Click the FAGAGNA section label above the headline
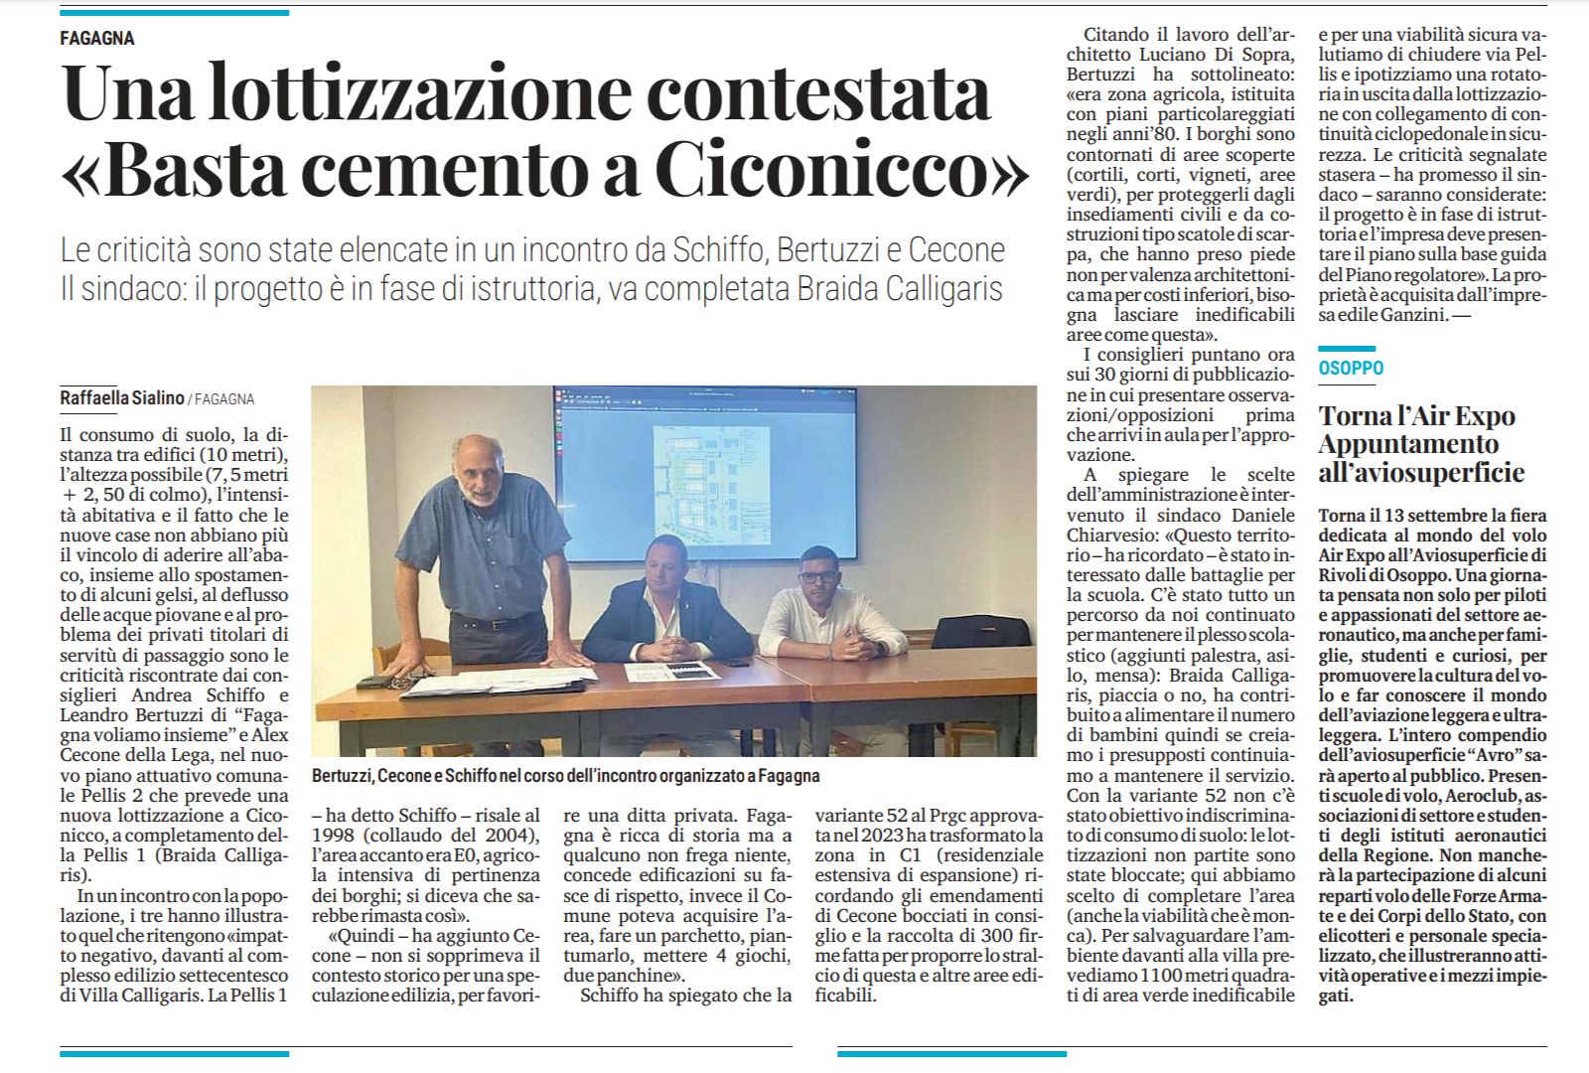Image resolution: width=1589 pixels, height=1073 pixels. pyautogui.click(x=96, y=38)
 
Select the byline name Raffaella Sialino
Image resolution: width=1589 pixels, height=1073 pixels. pyautogui.click(x=122, y=397)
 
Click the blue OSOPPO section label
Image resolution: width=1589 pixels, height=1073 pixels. pyautogui.click(x=1351, y=368)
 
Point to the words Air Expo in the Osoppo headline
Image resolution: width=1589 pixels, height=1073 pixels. pyautogui.click(x=1466, y=416)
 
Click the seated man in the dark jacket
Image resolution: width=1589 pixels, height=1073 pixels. pyautogui.click(x=655, y=606)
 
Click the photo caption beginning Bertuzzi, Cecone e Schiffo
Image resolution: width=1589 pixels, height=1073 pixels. pyautogui.click(x=565, y=775)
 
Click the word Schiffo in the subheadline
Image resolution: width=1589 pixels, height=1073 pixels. pyautogui.click(x=719, y=249)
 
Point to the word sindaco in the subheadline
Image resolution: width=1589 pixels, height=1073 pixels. pyautogui.click(x=146, y=289)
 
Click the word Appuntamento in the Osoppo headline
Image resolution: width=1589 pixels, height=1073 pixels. pyautogui.click(x=1408, y=444)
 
